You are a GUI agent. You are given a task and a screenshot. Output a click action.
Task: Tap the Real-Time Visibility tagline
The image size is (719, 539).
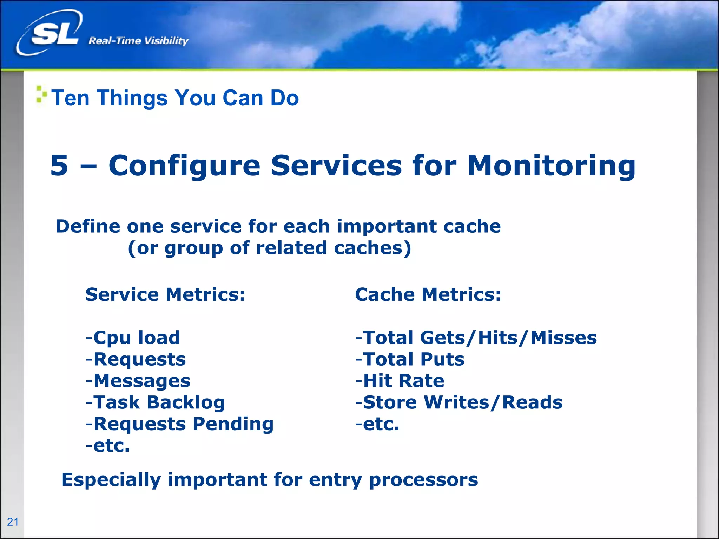[x=138, y=41]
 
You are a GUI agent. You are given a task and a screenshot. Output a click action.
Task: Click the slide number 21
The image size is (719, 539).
[x=13, y=522]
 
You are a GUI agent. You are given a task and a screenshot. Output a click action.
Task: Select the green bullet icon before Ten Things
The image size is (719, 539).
[x=41, y=95]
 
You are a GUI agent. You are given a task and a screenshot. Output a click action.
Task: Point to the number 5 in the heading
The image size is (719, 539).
[x=59, y=166]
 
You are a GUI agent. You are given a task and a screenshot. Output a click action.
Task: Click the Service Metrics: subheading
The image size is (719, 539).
[x=165, y=294]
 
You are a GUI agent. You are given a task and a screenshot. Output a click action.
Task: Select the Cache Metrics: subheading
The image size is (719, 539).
[x=428, y=294]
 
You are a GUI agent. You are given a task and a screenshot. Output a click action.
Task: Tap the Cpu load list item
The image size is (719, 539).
[x=133, y=338]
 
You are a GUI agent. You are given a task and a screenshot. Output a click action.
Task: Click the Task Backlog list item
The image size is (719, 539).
[x=155, y=402]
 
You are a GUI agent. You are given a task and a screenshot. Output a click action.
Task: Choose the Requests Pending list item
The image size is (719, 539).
[x=179, y=424]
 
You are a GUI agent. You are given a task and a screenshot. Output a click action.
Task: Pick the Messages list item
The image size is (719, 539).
[x=138, y=381]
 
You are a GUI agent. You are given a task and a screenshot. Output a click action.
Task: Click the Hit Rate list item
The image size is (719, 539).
[x=400, y=381]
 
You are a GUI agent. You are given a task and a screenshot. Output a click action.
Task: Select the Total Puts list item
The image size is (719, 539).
[x=410, y=359]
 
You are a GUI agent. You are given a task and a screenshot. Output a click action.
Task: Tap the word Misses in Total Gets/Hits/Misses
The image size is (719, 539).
[x=563, y=338]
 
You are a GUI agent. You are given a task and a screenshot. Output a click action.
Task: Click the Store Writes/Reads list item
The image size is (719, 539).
[x=459, y=402]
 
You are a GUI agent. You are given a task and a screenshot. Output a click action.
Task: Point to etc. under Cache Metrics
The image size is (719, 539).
[x=377, y=424]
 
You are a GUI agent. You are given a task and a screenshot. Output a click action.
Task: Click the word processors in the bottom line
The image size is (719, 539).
[x=423, y=480]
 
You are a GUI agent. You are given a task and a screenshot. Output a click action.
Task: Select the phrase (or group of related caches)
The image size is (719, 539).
[x=269, y=248]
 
